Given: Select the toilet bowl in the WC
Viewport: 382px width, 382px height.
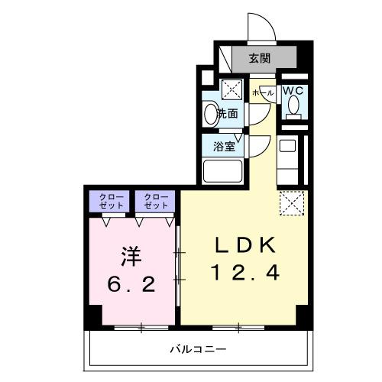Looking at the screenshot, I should tap(293, 109).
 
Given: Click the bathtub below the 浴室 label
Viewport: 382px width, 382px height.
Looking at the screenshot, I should tap(223, 169).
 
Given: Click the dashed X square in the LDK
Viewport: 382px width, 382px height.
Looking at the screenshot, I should tap(292, 202).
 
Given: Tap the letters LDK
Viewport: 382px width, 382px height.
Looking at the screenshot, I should tap(244, 245).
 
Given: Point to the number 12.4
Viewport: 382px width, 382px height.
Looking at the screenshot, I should tap(244, 271).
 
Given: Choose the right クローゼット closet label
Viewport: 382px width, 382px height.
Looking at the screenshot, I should tap(155, 202).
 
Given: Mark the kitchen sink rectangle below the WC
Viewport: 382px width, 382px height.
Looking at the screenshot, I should tap(287, 144).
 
